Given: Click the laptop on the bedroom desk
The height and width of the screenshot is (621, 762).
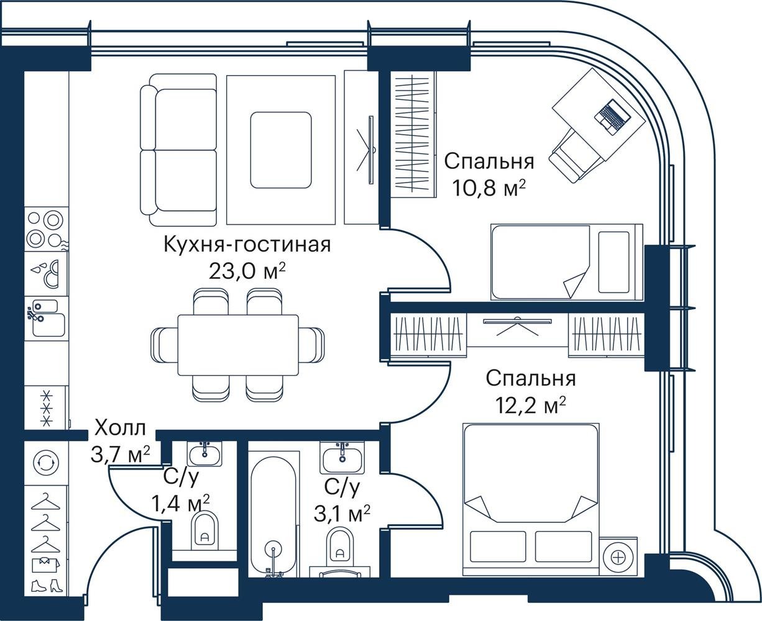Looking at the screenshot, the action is (x=612, y=117).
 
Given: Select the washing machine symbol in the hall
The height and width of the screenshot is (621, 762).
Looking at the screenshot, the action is (x=45, y=463).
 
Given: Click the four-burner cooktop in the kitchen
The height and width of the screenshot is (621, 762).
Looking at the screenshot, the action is (x=46, y=229).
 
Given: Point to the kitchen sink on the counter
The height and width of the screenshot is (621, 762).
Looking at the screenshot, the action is (x=46, y=318).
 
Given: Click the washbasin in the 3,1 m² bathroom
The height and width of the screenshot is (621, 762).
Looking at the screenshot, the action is (x=342, y=458).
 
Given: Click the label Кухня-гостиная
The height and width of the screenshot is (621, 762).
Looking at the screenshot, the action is (x=247, y=245).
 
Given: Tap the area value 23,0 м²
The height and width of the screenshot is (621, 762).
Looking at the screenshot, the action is (x=247, y=271).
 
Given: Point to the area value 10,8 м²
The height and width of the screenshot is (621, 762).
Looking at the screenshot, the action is (x=489, y=188).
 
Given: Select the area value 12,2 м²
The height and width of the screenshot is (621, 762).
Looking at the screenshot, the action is (x=530, y=405).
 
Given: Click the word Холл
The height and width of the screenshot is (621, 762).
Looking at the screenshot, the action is (x=121, y=428).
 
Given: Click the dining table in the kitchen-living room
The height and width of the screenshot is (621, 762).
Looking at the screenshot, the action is (x=238, y=345).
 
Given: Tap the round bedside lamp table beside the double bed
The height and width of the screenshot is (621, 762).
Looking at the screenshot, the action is (x=618, y=558).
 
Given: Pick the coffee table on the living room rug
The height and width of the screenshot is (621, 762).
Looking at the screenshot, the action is (x=281, y=150).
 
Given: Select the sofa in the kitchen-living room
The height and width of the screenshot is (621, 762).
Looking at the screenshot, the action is (x=178, y=150).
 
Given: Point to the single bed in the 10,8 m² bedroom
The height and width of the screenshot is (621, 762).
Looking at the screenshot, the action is (x=567, y=262).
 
